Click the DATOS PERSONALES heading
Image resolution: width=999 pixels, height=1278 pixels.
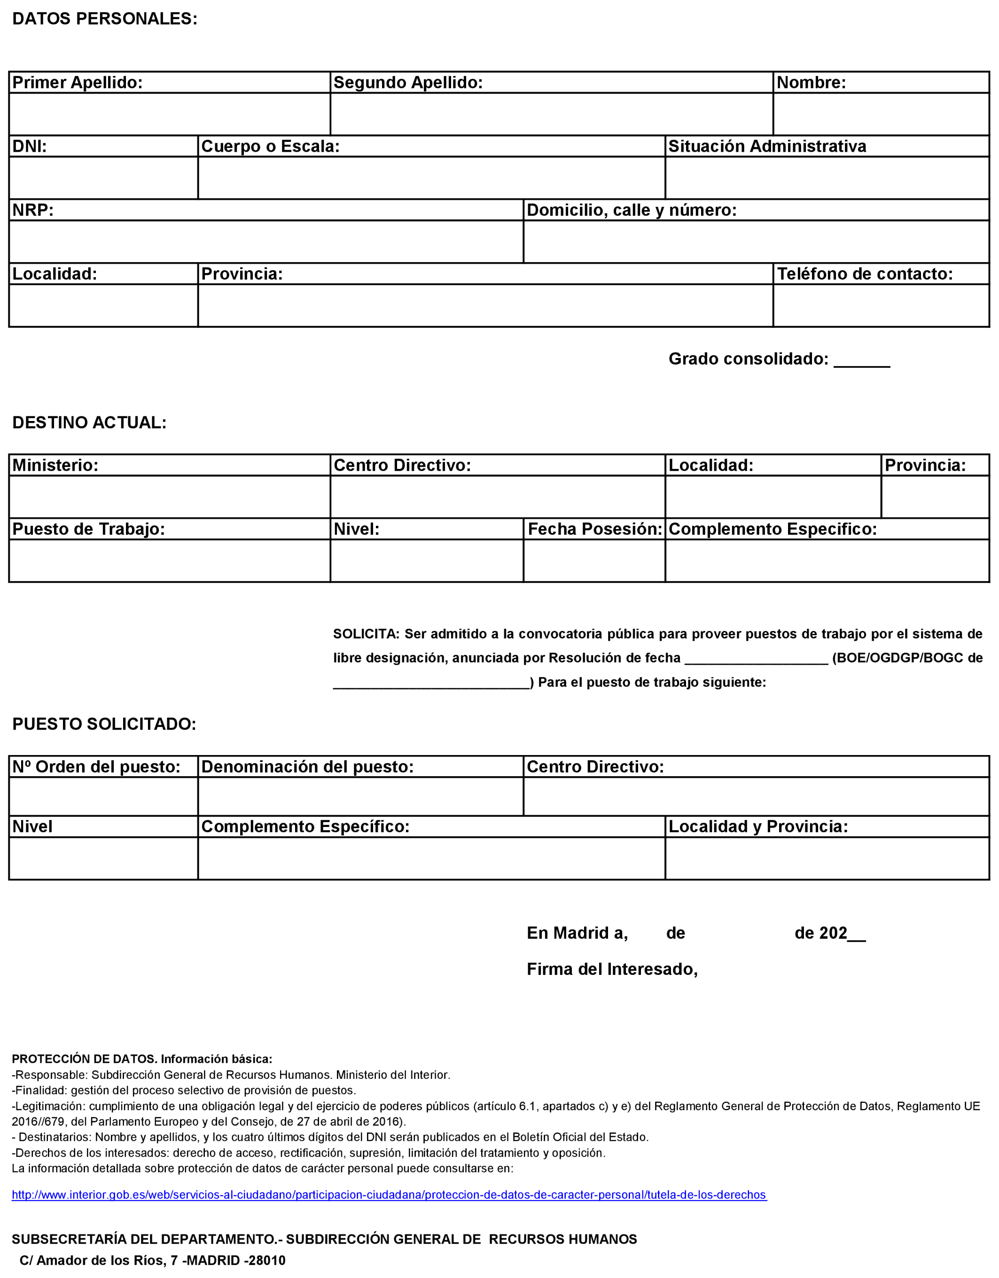tap(105, 19)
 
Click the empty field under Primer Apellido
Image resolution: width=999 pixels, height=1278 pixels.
tap(169, 114)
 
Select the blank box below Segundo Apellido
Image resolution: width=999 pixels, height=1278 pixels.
tap(551, 114)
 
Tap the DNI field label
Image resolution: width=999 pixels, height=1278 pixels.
tap(29, 146)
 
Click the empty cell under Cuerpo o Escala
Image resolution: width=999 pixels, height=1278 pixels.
tap(431, 178)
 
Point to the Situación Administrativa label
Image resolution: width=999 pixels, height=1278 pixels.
tap(767, 146)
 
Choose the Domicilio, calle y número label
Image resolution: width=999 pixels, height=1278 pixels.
tap(631, 210)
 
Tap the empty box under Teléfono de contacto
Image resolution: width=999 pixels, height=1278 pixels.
tap(881, 305)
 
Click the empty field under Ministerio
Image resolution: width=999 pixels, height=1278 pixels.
tap(169, 497)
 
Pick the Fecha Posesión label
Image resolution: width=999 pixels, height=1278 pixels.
tap(594, 529)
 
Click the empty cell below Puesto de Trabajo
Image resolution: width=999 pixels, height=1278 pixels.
tap(169, 561)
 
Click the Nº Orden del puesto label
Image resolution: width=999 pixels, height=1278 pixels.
tap(97, 767)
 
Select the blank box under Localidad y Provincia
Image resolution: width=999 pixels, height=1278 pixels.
tap(827, 858)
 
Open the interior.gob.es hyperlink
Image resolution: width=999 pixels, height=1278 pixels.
tap(389, 1194)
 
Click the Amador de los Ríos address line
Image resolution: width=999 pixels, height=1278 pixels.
tap(152, 1261)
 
